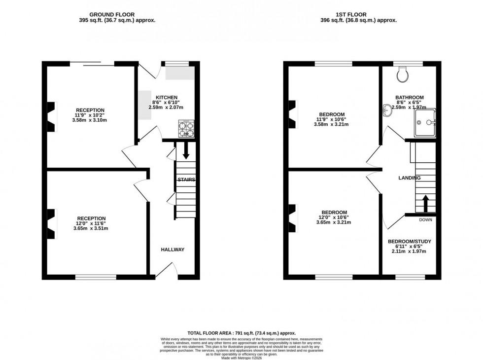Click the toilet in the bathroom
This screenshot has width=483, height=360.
coord(403,74)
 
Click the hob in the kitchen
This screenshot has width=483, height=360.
coord(187,129)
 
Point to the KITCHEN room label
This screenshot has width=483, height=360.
coord(166,97)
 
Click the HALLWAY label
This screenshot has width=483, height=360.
coord(172,250)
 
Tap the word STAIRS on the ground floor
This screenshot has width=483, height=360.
coord(186,180)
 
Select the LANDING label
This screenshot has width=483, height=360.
coord(410,178)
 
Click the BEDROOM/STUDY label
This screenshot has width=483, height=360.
coord(410,241)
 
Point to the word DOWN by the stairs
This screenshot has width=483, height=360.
coord(426,219)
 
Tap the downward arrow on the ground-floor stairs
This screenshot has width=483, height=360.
coord(186,150)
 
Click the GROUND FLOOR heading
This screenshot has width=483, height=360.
coord(111,15)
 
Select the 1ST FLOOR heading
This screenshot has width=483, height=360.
coord(358,15)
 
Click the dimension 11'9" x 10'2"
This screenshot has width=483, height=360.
coord(90,115)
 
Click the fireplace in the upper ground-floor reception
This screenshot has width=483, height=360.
coord(51,117)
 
